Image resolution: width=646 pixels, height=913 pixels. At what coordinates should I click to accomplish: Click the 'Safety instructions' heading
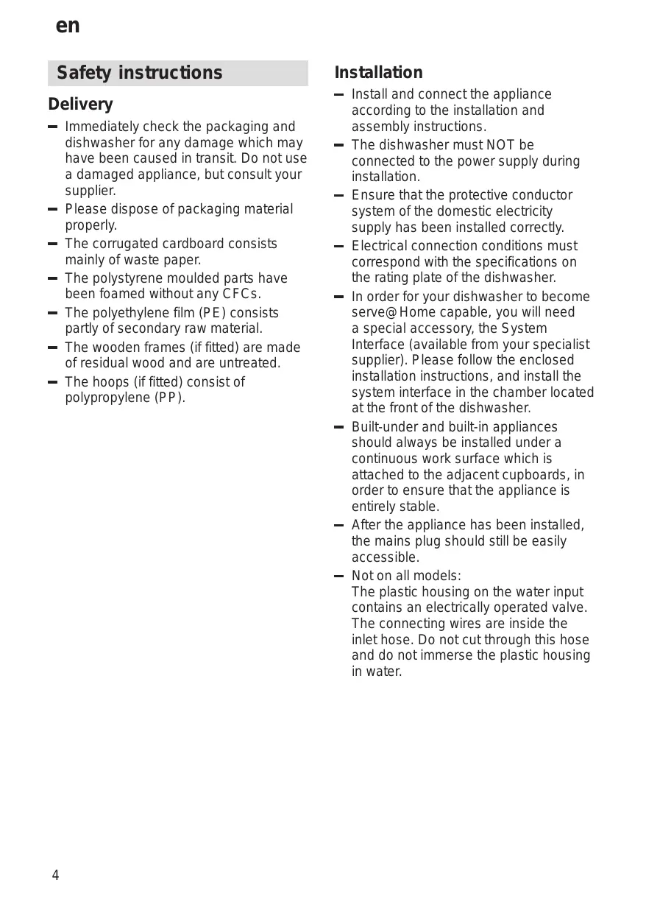click(139, 73)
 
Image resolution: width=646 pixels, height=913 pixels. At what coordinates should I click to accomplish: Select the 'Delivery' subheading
click(81, 105)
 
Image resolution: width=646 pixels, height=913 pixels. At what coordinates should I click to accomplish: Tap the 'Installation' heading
click(379, 73)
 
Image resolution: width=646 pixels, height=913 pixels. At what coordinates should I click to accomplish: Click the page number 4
click(55, 875)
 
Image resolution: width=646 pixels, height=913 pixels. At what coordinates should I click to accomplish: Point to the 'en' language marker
click(68, 27)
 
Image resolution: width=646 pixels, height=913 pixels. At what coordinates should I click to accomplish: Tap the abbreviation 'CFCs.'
click(242, 295)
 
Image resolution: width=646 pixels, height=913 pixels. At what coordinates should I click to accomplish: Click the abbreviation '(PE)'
click(213, 313)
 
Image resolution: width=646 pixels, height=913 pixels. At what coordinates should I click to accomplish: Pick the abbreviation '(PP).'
click(170, 398)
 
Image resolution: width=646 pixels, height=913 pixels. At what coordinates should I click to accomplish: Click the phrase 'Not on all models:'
click(406, 576)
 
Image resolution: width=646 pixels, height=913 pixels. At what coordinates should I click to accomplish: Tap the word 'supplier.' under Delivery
click(90, 191)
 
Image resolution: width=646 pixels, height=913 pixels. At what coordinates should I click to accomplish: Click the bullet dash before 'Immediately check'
click(52, 127)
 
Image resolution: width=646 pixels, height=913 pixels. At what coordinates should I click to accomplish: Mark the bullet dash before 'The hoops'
click(52, 383)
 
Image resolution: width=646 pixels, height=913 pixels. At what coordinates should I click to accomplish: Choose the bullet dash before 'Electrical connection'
click(338, 247)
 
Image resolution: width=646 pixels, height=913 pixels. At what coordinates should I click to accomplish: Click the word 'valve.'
click(569, 608)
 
